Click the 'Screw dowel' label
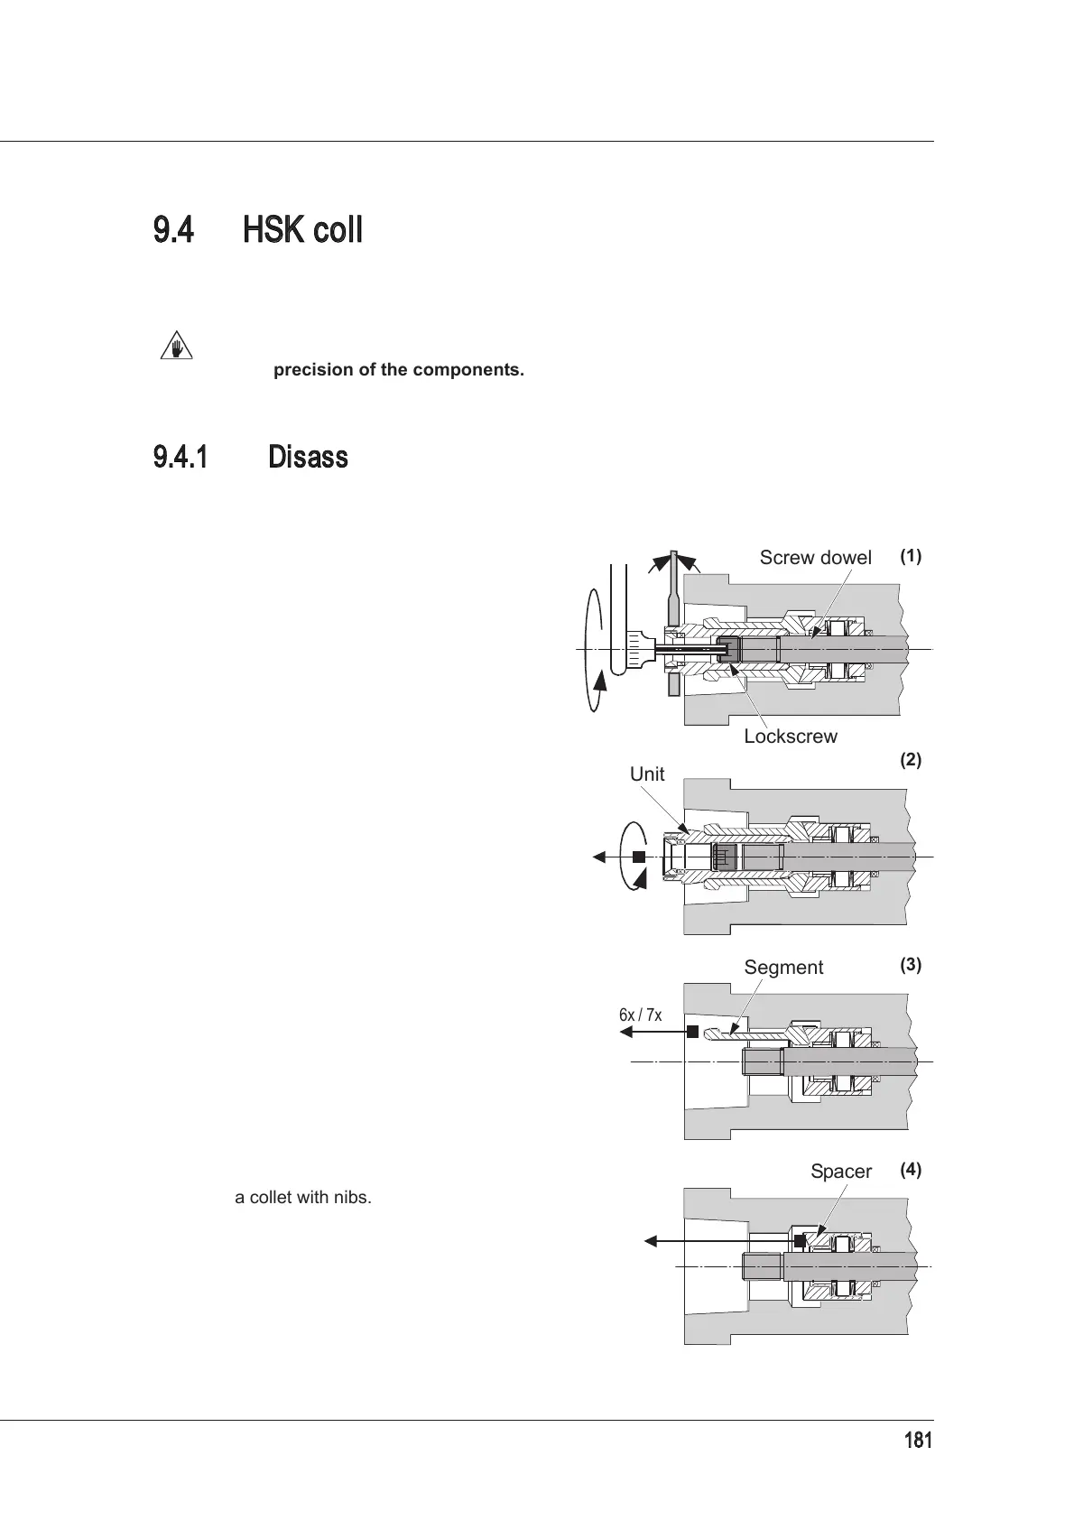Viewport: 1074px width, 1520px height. point(815,558)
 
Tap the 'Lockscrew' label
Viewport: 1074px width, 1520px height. point(790,737)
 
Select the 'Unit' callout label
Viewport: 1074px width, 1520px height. point(647,774)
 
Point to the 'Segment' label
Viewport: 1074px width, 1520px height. point(783,968)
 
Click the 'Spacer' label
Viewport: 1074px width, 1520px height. point(840,1172)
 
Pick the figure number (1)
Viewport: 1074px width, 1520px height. point(911,556)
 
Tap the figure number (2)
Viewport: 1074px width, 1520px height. point(911,760)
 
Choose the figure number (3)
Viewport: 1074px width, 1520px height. point(911,964)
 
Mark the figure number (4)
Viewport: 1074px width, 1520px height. point(911,1170)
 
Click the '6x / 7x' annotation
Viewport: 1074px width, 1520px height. point(640,1015)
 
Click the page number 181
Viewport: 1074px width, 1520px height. point(918,1441)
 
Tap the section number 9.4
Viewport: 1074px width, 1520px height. point(173,231)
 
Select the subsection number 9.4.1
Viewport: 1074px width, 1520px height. point(181,458)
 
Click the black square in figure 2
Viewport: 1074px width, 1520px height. point(639,857)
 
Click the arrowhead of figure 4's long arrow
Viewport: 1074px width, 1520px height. point(650,1242)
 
